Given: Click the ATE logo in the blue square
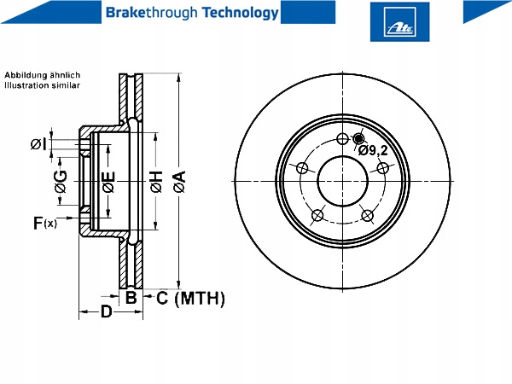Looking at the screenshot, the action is click(x=399, y=21).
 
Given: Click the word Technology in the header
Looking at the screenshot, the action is click(x=241, y=13).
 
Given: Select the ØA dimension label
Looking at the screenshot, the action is click(x=179, y=181).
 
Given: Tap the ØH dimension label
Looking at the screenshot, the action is click(x=156, y=182).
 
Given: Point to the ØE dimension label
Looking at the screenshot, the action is click(x=108, y=182).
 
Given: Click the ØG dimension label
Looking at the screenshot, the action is click(x=61, y=182).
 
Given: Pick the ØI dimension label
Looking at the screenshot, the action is click(x=38, y=144).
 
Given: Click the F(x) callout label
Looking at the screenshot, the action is click(x=45, y=223).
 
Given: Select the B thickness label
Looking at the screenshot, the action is click(x=131, y=298).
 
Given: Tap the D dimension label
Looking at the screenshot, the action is click(x=107, y=311).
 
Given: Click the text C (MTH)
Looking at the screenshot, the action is click(x=190, y=299).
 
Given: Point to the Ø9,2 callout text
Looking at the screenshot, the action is click(x=373, y=150).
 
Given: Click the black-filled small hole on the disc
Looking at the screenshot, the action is click(x=358, y=138).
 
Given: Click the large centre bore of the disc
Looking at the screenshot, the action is click(x=342, y=181).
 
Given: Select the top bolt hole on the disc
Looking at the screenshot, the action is click(x=342, y=139).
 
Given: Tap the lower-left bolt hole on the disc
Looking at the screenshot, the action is click(x=317, y=216).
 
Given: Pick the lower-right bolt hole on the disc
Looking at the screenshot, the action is click(x=367, y=216).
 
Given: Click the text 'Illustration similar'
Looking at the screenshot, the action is click(x=42, y=85).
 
